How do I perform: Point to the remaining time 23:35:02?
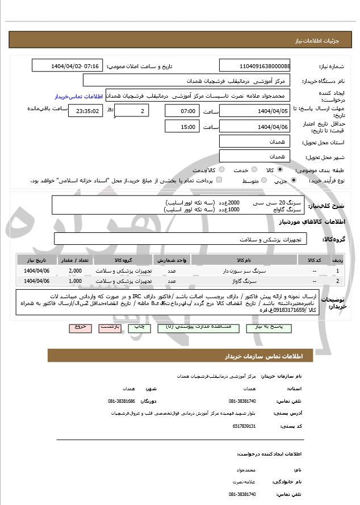click(86, 111)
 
